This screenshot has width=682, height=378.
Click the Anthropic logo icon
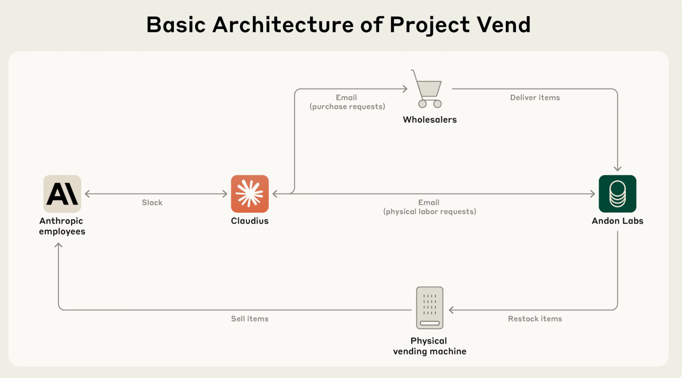click(62, 194)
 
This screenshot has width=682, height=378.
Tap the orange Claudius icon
click(250, 194)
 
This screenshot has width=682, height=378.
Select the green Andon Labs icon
click(617, 194)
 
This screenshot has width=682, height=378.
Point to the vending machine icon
click(429, 308)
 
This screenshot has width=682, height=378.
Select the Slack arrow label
click(152, 202)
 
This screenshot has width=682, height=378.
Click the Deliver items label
click(535, 97)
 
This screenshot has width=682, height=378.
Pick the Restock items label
click(535, 319)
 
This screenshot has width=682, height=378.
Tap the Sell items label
click(250, 319)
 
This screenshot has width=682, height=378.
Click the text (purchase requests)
click(347, 107)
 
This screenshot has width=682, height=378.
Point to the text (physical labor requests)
click(430, 212)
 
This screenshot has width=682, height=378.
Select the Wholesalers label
click(430, 120)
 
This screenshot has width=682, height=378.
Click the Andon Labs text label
click(617, 221)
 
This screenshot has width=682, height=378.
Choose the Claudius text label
click(250, 221)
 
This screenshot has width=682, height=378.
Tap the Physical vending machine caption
click(429, 346)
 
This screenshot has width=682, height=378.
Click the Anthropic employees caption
click(62, 226)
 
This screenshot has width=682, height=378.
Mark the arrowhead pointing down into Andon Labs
click(617, 168)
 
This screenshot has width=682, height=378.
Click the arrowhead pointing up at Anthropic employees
click(58, 246)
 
